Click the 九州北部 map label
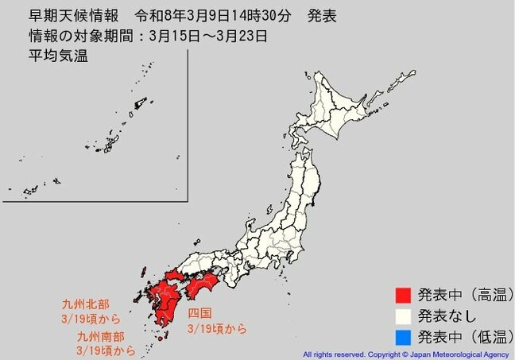click(x=85, y=304)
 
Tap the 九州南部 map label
click(x=99, y=338)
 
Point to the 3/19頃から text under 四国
click(x=217, y=327)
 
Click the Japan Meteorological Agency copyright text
click(x=406, y=354)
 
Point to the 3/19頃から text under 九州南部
click(x=106, y=350)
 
